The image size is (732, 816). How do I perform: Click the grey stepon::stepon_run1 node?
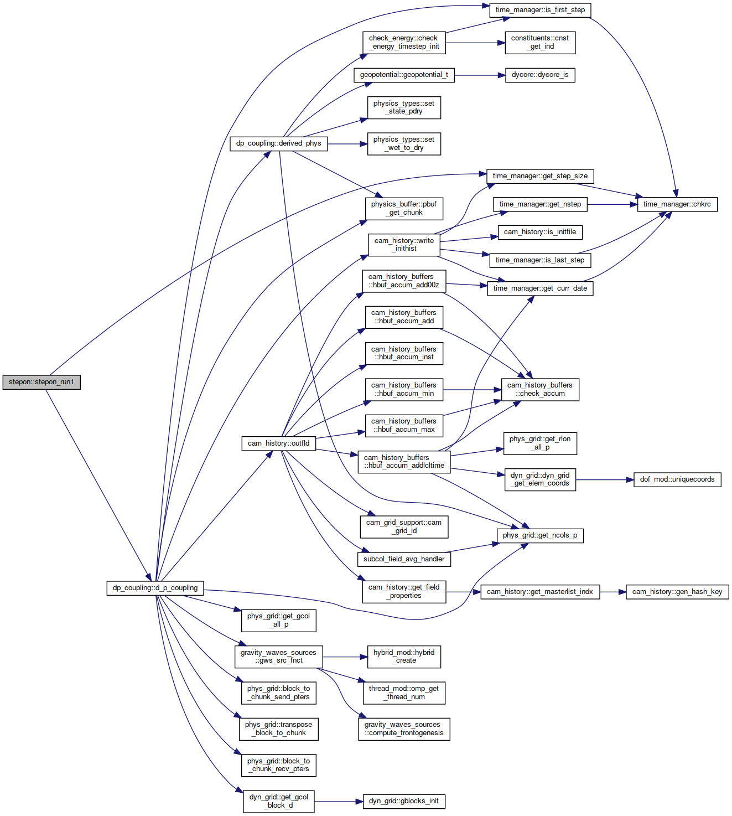41,382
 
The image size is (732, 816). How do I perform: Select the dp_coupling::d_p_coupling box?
155,588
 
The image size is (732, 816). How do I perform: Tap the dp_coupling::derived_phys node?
279,144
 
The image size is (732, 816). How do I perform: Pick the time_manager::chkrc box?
677,205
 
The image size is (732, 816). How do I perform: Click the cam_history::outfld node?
279,444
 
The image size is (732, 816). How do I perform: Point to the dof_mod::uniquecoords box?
677,480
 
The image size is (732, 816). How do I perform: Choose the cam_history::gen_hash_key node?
677,592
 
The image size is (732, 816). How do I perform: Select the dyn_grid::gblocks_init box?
404,801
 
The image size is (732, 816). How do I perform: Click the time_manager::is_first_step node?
541,10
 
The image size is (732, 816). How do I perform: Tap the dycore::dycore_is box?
541,75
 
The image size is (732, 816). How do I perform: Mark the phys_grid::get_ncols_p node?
541,536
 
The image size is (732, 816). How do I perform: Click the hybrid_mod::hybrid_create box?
404,657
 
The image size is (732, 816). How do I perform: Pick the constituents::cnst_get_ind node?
541,43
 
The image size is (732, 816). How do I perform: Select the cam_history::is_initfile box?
541,233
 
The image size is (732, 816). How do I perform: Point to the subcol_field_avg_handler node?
404,560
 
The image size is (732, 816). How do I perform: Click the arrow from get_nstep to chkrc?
612,205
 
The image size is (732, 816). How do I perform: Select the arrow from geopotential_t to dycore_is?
480,75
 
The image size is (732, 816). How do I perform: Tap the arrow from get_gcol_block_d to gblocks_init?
339,802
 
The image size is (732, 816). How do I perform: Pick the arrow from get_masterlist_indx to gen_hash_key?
613,592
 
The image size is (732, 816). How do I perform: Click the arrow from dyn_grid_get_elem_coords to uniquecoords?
605,480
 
